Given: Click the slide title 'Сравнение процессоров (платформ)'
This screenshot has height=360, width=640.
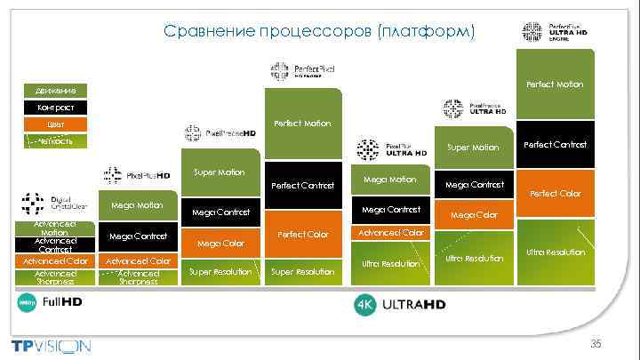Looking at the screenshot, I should (x=319, y=32).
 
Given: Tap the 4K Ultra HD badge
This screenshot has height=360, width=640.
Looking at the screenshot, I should (x=399, y=305).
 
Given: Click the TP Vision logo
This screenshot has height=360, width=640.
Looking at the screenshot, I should (x=51, y=345).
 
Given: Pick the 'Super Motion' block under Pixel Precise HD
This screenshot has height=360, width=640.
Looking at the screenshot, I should (x=219, y=172).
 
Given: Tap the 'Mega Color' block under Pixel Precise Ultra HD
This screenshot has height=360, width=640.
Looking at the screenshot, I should (x=473, y=215).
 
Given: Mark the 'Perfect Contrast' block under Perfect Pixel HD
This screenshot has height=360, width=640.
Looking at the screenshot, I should (x=303, y=186).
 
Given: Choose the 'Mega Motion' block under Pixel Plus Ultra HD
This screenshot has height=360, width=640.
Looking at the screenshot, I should (x=389, y=180).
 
